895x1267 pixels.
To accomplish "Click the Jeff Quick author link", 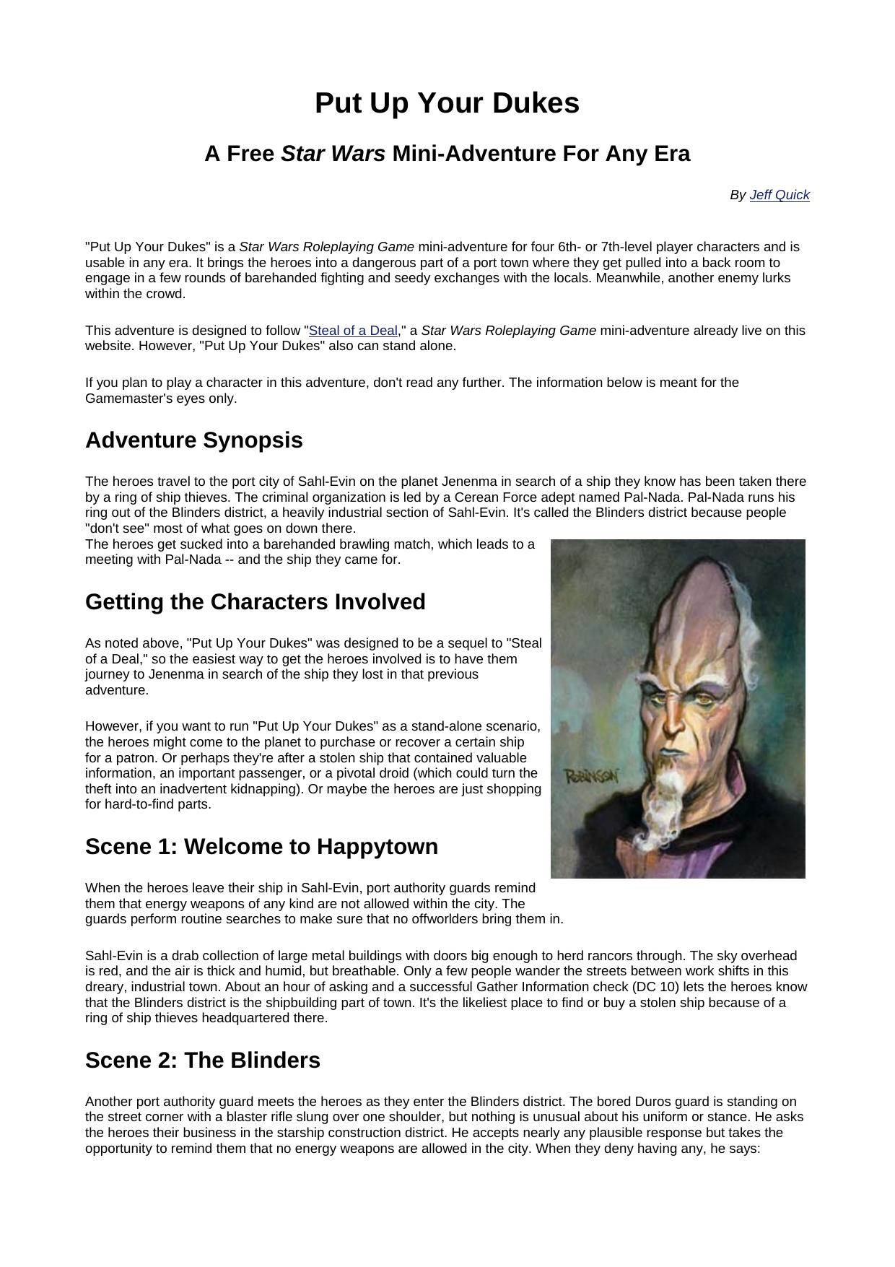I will (x=780, y=195).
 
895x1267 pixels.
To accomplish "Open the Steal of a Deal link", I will (x=353, y=331).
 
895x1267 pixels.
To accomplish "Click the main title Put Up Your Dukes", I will (x=447, y=103).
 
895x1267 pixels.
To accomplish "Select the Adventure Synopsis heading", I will (x=193, y=440).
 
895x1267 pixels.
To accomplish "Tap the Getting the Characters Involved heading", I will (x=255, y=601).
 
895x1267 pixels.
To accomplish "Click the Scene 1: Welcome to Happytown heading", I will (x=261, y=846).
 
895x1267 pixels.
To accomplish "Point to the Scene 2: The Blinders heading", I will (x=202, y=1060).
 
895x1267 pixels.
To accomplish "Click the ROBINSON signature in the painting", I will (x=591, y=776).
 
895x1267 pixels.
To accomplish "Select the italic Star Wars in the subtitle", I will (x=333, y=154).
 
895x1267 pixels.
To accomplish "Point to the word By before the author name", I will (x=738, y=195).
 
